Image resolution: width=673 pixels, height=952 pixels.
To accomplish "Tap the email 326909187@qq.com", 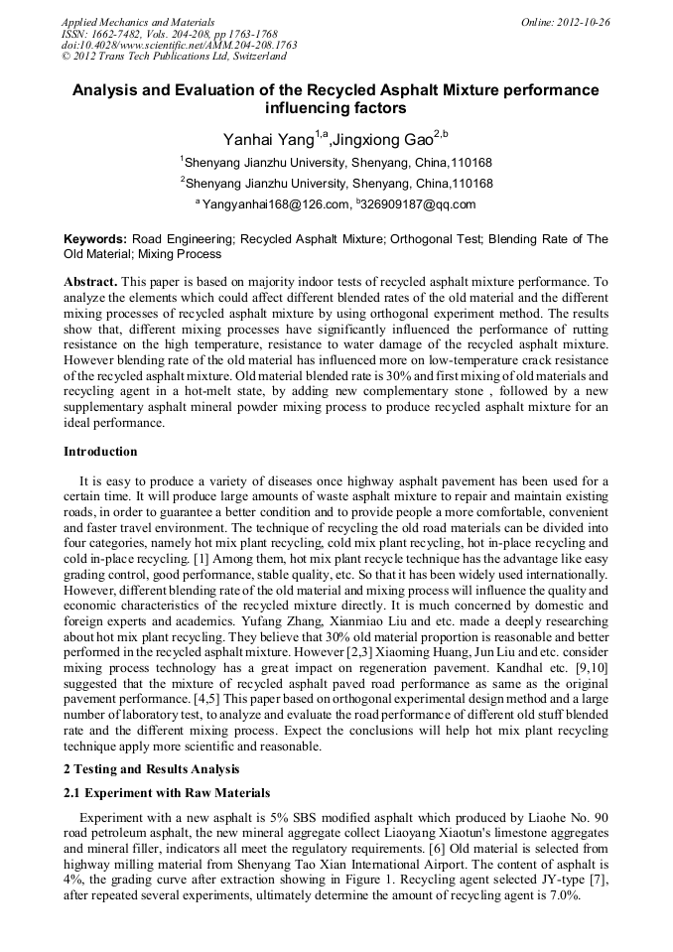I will click(406, 204).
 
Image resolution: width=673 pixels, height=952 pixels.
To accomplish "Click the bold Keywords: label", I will click(94, 239).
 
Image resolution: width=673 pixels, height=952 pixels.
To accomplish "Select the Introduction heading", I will click(100, 452).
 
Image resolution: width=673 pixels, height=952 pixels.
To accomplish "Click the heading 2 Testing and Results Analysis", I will click(152, 769).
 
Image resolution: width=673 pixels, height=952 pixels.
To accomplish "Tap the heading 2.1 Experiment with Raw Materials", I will click(167, 793).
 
